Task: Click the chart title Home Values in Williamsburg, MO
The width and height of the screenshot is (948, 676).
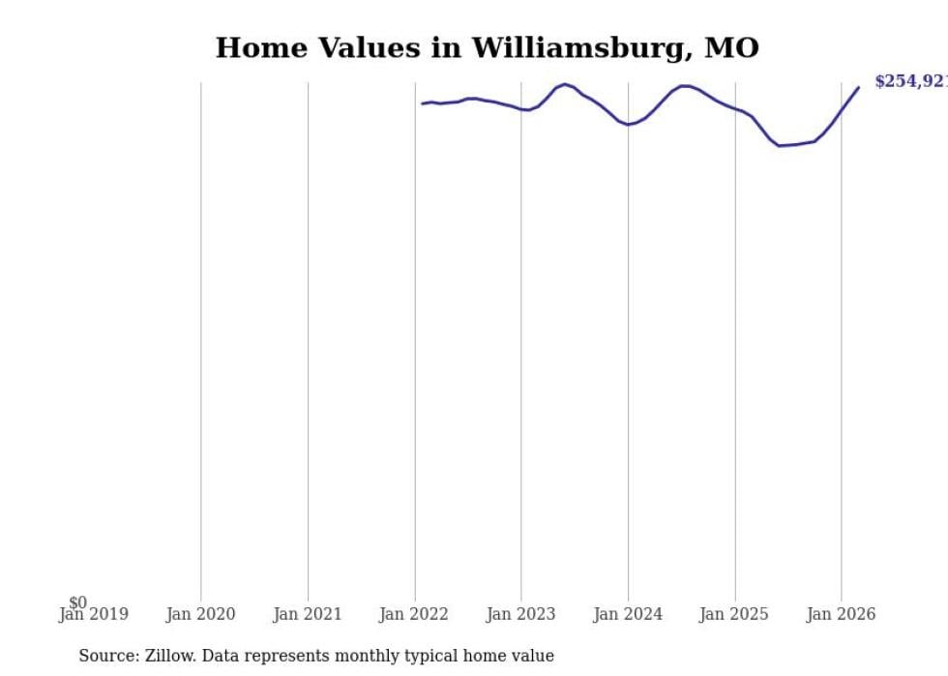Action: [487, 47]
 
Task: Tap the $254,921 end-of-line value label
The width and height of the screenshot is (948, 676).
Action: [910, 82]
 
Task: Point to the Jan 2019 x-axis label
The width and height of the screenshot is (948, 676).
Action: [94, 614]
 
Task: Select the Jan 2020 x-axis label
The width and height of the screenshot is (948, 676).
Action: [201, 614]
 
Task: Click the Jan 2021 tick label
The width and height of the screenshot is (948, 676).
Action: [308, 614]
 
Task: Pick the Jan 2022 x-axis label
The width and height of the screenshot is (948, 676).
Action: [414, 614]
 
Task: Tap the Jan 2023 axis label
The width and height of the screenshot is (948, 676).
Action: [520, 614]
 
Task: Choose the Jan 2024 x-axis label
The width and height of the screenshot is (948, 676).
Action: [628, 614]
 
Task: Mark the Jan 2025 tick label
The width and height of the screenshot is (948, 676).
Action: [734, 614]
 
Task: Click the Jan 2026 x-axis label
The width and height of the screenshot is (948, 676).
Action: [841, 614]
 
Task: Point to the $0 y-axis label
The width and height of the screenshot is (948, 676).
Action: [77, 603]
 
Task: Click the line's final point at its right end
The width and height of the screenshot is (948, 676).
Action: [858, 88]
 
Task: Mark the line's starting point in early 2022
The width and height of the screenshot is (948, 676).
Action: [423, 103]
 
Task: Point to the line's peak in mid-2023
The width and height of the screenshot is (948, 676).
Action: [565, 84]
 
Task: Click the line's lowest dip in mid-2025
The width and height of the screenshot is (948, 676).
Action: [780, 145]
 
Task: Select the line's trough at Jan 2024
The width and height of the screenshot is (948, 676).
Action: [628, 125]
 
